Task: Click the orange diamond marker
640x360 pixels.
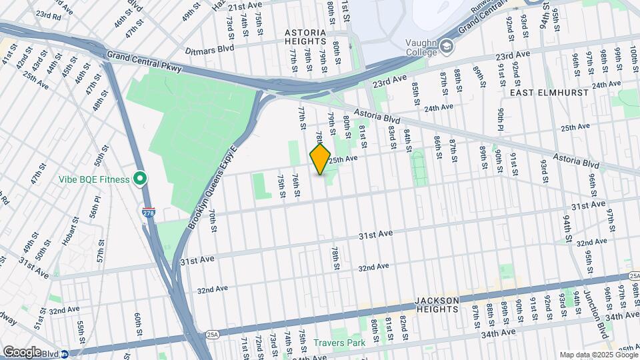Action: tap(320, 159)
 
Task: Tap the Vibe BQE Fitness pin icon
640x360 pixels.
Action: tap(139, 179)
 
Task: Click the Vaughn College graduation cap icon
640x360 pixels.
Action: tap(445, 45)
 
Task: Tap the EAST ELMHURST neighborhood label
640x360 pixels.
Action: tap(550, 93)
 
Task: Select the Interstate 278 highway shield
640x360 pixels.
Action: tap(148, 212)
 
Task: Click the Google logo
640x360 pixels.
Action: tap(21, 351)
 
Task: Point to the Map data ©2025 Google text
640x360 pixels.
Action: tap(598, 355)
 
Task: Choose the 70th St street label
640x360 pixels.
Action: tap(213, 221)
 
